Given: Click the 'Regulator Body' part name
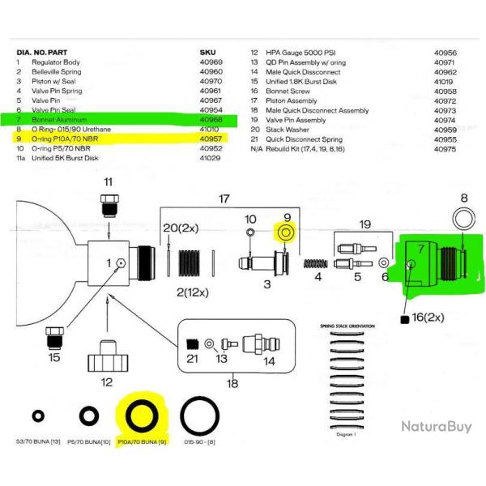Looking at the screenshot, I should (56, 62).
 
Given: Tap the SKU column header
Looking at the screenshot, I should (207, 52).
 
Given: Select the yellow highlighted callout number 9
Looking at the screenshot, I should (285, 218).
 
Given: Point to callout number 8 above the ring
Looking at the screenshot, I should (463, 198).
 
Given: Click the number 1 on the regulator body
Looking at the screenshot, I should (109, 263).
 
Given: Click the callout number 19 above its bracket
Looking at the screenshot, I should (365, 224).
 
